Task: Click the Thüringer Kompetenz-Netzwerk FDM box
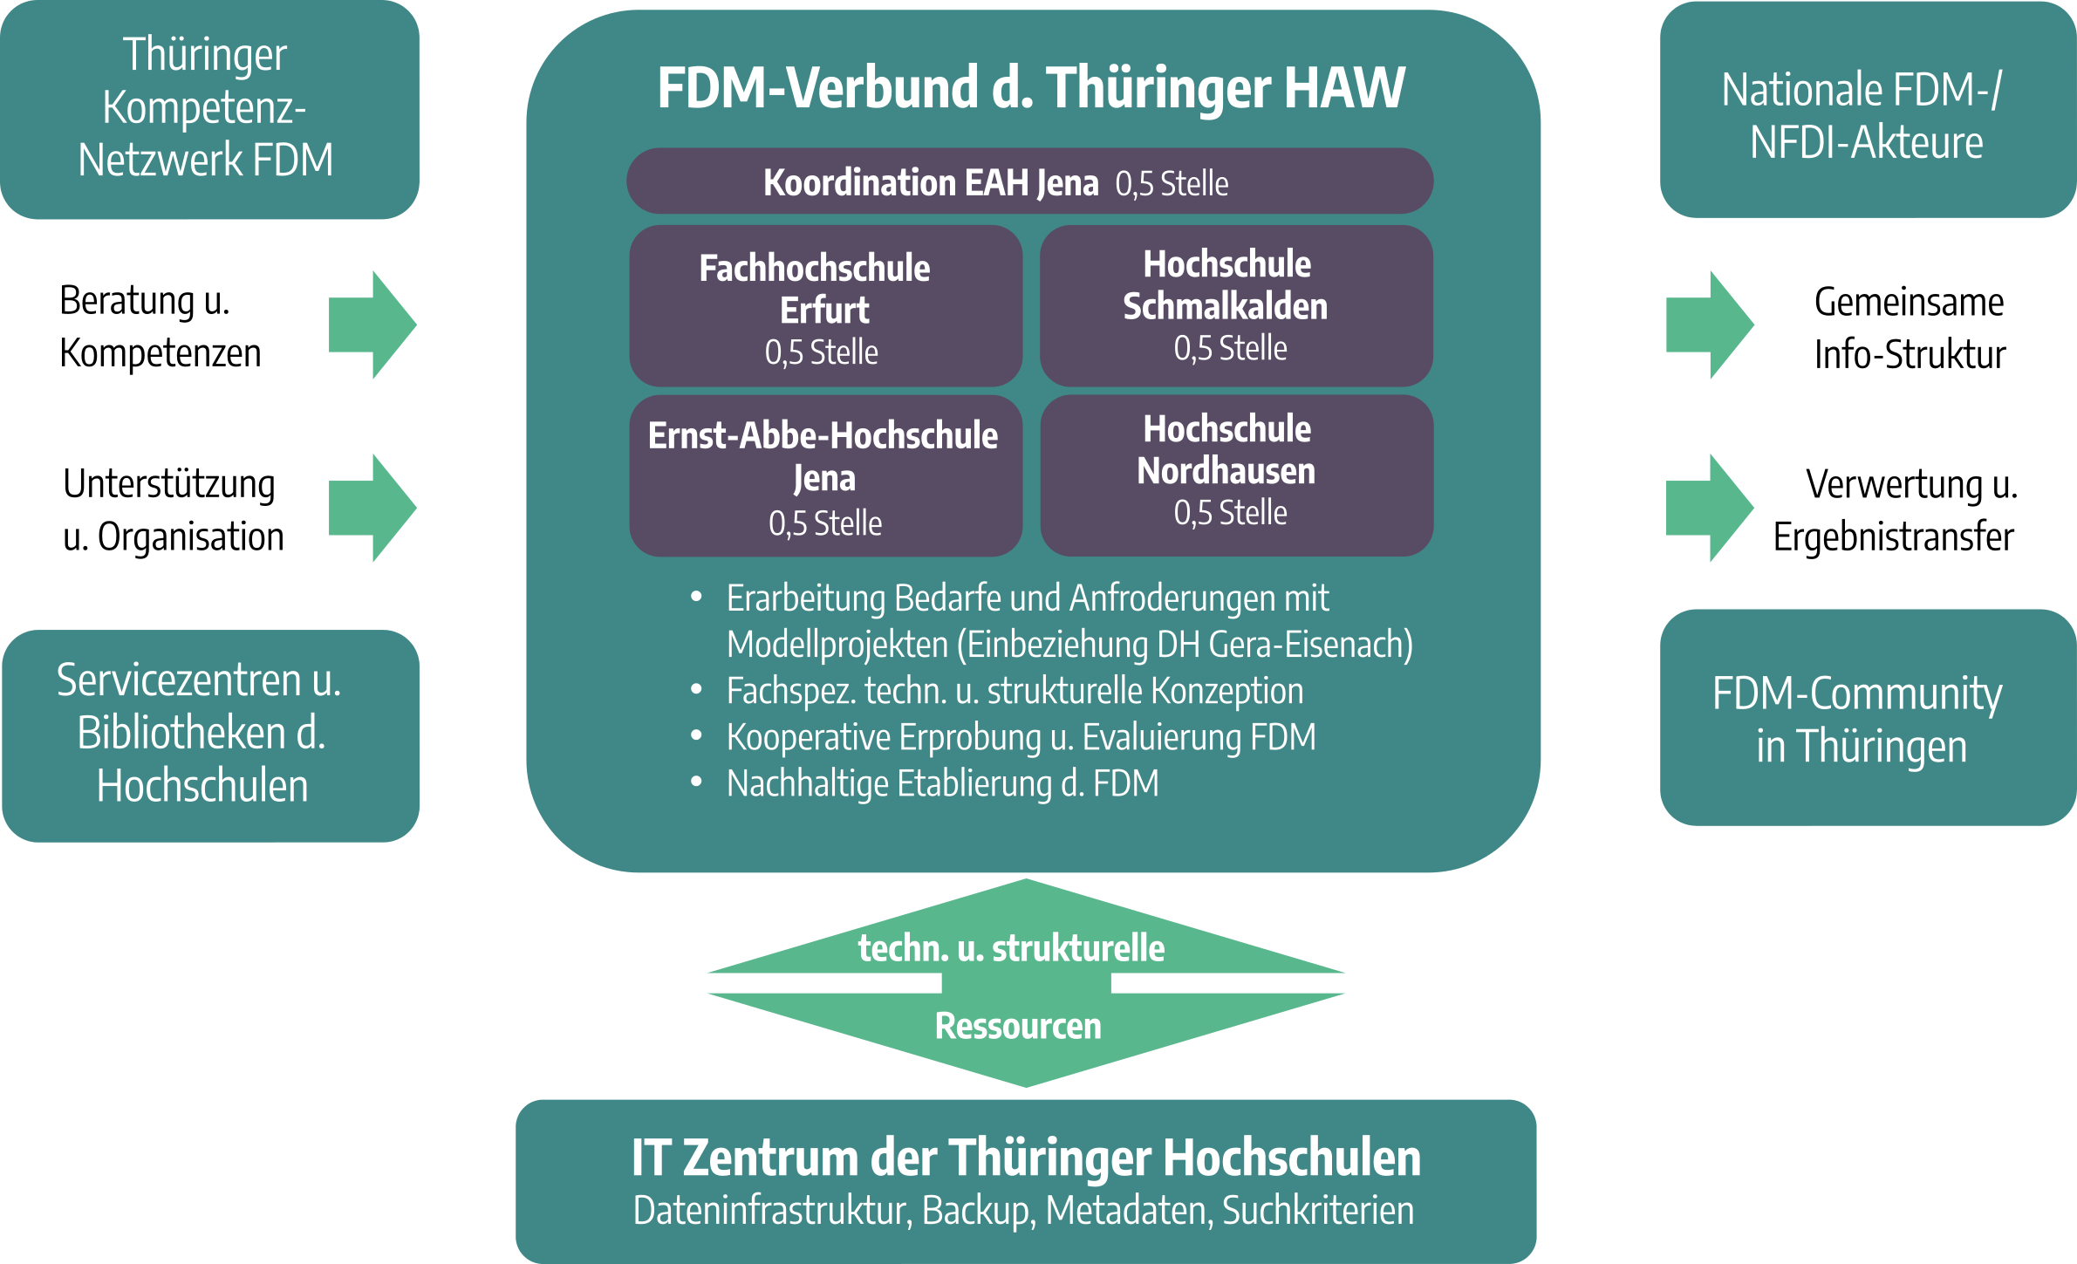(x=209, y=108)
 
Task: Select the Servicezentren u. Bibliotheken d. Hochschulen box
(x=210, y=735)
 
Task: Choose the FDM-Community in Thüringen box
(x=1867, y=717)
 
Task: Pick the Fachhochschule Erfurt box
(x=825, y=306)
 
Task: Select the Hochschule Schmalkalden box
(x=1236, y=305)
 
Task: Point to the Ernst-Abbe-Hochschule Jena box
(x=825, y=476)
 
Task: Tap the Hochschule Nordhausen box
(x=1236, y=475)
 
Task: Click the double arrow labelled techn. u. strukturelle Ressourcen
(x=1026, y=983)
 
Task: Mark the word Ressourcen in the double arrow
(x=1018, y=1026)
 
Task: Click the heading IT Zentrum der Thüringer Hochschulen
(x=1026, y=1158)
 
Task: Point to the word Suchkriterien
(x=1317, y=1211)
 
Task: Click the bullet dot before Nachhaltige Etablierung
(x=696, y=782)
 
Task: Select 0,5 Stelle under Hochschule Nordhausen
(x=1230, y=513)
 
